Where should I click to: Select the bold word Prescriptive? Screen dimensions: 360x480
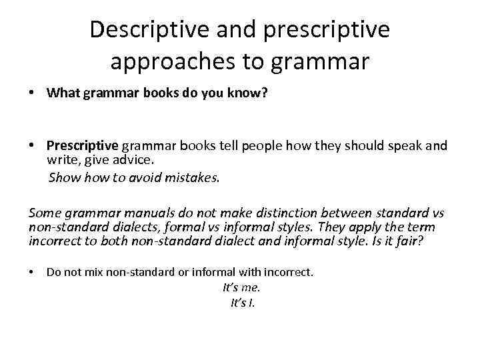tap(82, 146)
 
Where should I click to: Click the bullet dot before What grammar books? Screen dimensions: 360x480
tap(32, 93)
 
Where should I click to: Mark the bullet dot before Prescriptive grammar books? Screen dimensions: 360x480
tap(32, 146)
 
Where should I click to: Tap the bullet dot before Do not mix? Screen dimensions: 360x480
tap(32, 271)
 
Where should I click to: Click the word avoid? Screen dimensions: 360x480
tap(148, 177)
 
